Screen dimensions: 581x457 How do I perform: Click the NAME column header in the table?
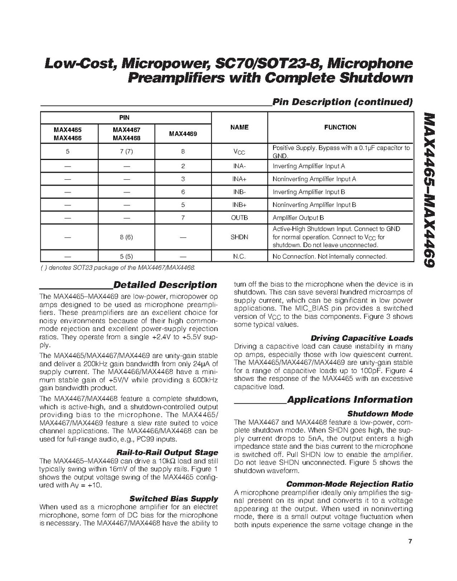click(x=239, y=127)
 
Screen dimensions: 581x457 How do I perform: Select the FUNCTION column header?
click(x=340, y=127)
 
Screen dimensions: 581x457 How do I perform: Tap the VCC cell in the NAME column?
click(x=239, y=152)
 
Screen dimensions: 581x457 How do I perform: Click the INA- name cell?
click(x=239, y=166)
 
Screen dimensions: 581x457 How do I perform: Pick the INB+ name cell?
click(x=239, y=205)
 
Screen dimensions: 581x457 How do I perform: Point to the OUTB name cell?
click(x=239, y=218)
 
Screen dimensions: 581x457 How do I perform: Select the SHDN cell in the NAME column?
click(x=239, y=237)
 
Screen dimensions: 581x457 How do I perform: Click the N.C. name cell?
click(x=239, y=256)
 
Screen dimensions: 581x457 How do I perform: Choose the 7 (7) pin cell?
click(x=126, y=152)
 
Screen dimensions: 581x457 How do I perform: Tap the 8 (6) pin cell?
click(x=126, y=237)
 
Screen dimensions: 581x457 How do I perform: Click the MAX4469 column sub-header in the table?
click(x=183, y=134)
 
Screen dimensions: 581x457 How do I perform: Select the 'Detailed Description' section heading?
click(x=165, y=285)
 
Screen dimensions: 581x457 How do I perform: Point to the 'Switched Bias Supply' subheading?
click(x=173, y=499)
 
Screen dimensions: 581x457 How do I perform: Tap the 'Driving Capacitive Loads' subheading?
click(x=362, y=338)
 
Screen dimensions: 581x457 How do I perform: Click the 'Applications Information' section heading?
click(x=350, y=400)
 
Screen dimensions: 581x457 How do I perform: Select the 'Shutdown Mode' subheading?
click(x=380, y=414)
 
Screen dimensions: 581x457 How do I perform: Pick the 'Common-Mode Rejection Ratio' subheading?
click(x=350, y=484)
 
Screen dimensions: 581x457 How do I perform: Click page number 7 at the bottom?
click(x=410, y=542)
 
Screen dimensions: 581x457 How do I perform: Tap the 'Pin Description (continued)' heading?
click(x=342, y=102)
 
